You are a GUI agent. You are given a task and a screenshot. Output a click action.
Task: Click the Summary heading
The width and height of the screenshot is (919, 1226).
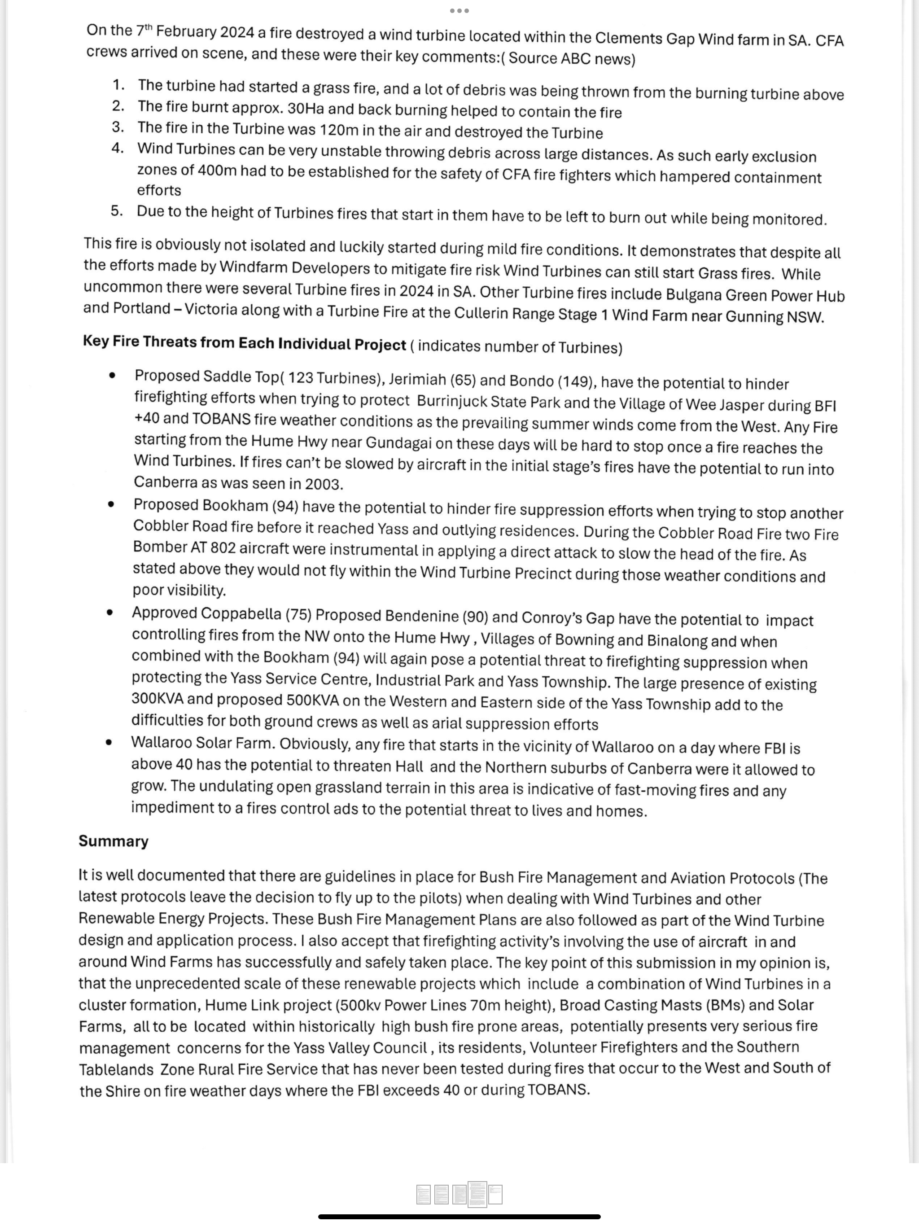(x=113, y=841)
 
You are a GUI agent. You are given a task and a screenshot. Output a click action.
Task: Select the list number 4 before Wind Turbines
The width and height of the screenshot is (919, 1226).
(x=117, y=149)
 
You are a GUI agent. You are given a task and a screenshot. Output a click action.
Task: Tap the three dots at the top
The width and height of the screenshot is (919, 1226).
(x=459, y=10)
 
